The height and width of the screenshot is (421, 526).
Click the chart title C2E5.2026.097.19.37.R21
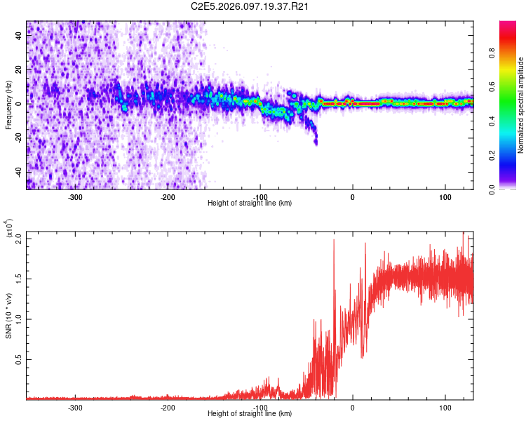coord(250,7)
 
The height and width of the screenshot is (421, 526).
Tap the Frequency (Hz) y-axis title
coord(9,105)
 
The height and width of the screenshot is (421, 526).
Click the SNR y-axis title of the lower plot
coord(9,316)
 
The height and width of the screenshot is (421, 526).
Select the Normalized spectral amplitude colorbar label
coord(521,105)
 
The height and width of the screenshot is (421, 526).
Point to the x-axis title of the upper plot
coord(250,203)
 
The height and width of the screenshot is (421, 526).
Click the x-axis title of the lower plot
coord(250,413)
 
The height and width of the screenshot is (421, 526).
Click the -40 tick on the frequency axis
coord(18,172)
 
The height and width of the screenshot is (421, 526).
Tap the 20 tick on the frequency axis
coord(19,69)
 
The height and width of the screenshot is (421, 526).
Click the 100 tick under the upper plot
coord(445,196)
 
